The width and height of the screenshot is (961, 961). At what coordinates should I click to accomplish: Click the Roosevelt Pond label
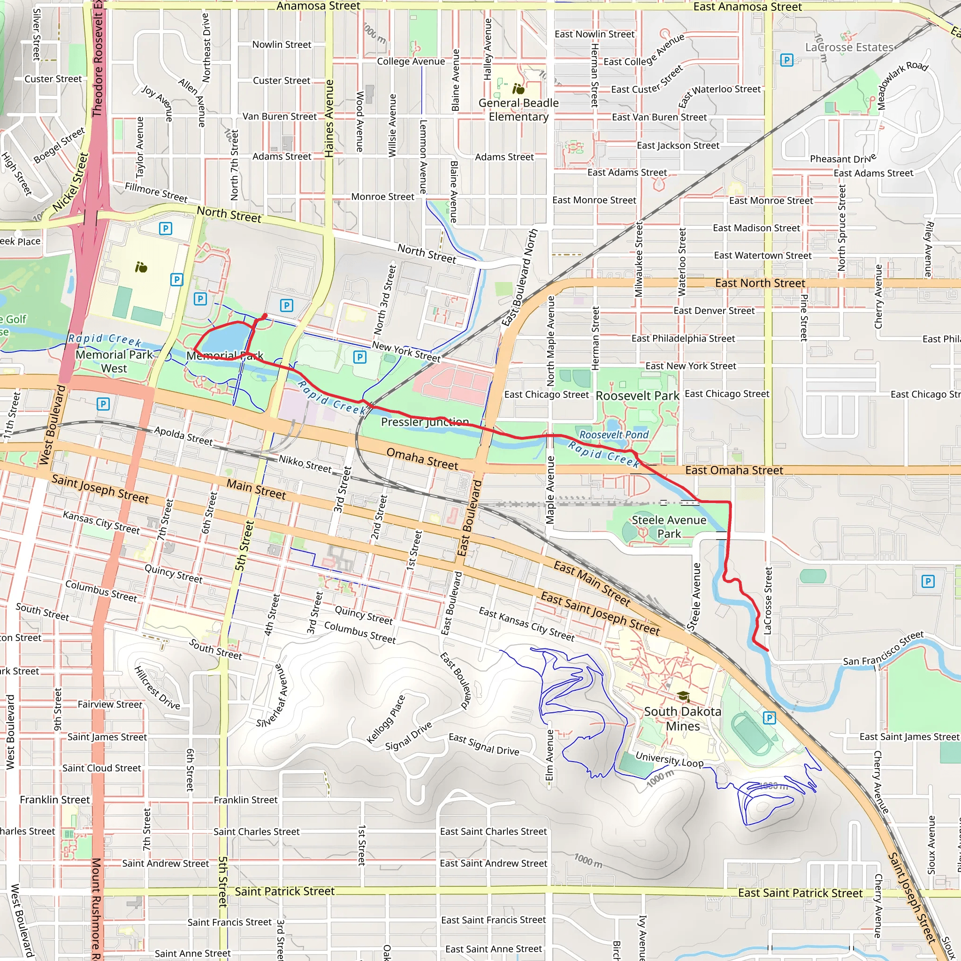click(x=614, y=435)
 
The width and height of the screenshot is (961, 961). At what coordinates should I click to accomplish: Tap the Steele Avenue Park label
click(x=669, y=527)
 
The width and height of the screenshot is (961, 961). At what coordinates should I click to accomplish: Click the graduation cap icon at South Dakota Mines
click(x=683, y=696)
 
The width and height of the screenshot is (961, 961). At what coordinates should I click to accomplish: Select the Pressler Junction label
click(x=424, y=422)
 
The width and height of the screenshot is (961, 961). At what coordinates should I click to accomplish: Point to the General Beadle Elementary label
click(x=519, y=109)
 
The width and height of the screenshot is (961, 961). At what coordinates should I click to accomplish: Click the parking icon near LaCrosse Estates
click(x=786, y=60)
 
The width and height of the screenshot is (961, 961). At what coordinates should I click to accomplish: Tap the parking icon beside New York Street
click(x=359, y=357)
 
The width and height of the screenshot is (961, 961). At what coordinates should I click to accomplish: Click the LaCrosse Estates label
click(x=849, y=47)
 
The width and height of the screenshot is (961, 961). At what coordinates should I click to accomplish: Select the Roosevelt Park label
click(x=637, y=396)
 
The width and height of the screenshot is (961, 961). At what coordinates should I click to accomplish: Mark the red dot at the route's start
click(x=265, y=316)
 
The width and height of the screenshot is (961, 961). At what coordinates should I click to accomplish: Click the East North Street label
click(x=760, y=283)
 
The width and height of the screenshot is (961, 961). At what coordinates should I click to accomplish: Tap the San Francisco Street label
click(x=883, y=648)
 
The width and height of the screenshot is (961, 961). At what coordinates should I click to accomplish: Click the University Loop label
click(x=669, y=759)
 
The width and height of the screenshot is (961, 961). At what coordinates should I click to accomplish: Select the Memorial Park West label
click(x=114, y=361)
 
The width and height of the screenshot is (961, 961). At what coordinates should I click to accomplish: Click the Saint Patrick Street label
click(x=284, y=891)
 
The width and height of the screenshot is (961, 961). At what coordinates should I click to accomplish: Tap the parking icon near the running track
click(x=769, y=718)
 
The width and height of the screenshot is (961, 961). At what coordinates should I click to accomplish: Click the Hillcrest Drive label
click(x=157, y=687)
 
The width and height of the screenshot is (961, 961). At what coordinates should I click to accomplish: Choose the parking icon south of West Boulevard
click(x=103, y=404)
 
